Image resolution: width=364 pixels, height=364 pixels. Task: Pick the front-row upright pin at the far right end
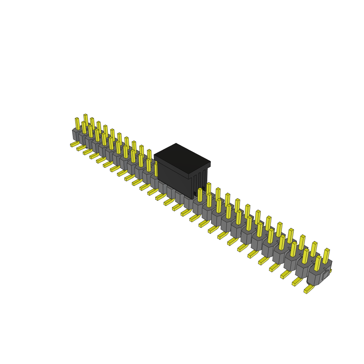click(317, 263)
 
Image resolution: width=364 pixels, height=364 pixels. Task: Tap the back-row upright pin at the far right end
click(326, 255)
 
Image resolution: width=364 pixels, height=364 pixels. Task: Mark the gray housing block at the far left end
click(76, 135)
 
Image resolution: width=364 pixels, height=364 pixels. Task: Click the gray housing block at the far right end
click(316, 277)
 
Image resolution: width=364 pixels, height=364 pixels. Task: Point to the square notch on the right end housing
click(326, 274)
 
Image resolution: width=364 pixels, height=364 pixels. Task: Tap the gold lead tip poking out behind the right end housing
click(330, 271)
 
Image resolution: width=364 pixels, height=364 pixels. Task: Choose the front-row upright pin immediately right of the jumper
click(200, 195)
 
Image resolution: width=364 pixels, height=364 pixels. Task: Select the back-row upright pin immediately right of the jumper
click(209, 188)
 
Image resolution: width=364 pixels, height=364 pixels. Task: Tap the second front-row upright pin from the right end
click(305, 256)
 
